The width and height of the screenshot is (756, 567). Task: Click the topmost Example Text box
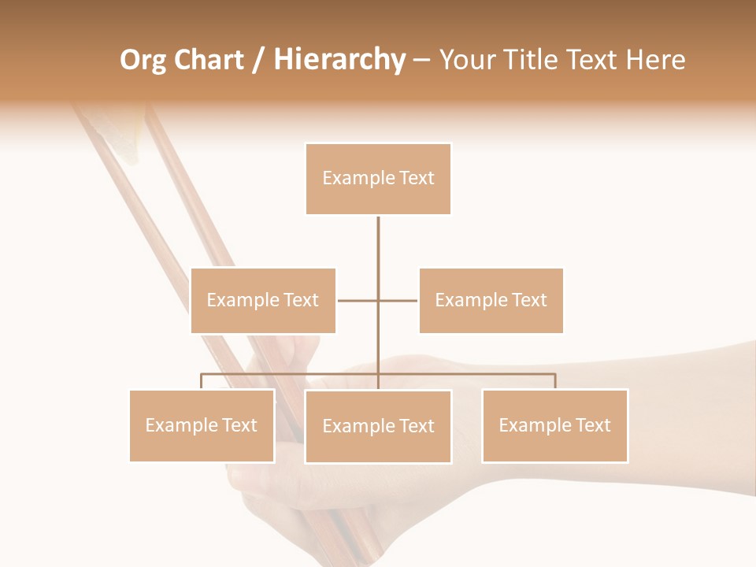tap(378, 179)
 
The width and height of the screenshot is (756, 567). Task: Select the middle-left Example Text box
tap(263, 300)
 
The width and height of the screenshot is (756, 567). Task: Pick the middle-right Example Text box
tap(491, 300)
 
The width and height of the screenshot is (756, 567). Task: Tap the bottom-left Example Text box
tap(202, 425)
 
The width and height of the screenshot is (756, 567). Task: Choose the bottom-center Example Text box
tap(378, 426)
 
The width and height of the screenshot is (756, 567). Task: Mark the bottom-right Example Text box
tap(554, 425)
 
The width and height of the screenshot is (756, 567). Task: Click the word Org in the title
tap(143, 60)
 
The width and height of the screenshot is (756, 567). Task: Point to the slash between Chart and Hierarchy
tap(258, 60)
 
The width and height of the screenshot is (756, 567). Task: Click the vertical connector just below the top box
tap(378, 244)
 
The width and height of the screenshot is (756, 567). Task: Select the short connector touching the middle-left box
tap(350, 300)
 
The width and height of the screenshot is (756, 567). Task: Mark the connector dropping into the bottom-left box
tap(202, 381)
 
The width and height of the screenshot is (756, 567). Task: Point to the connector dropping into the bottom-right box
tap(555, 381)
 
